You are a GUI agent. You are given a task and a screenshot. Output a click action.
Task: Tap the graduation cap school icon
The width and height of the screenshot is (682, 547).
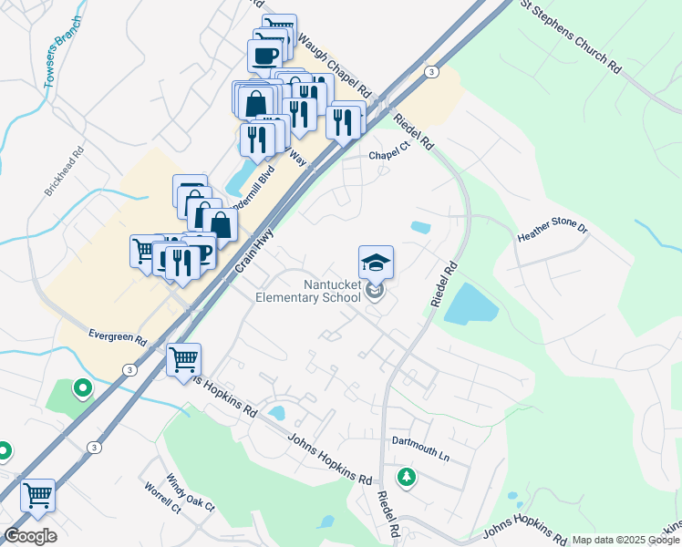(x=376, y=263)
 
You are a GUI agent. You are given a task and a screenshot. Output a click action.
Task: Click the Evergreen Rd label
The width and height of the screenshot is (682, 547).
(x=118, y=336)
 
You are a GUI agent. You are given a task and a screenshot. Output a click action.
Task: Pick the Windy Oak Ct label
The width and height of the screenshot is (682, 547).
(x=190, y=492)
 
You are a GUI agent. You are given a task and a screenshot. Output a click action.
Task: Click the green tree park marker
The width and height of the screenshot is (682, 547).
(x=406, y=476)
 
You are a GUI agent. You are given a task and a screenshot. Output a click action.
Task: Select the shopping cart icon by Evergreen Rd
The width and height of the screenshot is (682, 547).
(x=183, y=359)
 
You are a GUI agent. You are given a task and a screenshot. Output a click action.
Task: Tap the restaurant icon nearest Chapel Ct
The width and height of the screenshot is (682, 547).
(x=344, y=120)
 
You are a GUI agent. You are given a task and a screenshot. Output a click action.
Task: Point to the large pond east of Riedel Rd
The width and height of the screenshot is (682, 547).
(x=470, y=304)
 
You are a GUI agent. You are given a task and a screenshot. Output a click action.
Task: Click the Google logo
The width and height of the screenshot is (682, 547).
(x=29, y=536)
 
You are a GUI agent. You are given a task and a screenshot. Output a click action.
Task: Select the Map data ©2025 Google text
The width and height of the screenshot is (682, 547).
(x=625, y=540)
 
